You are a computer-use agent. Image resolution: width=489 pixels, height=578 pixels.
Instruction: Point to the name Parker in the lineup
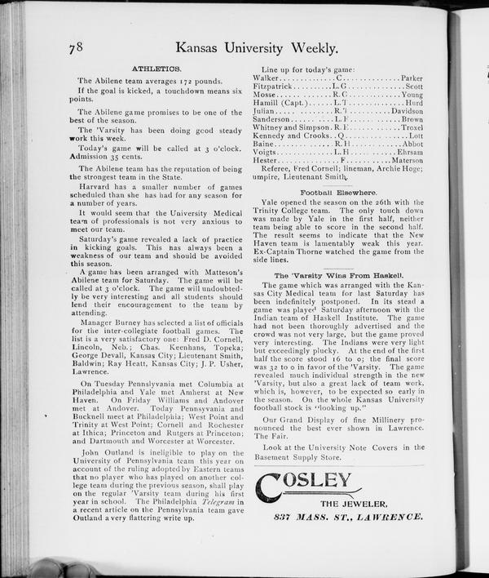click(412, 78)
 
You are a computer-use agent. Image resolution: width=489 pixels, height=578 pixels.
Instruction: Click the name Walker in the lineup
click(271, 78)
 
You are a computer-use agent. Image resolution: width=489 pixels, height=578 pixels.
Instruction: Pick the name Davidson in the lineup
click(407, 111)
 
